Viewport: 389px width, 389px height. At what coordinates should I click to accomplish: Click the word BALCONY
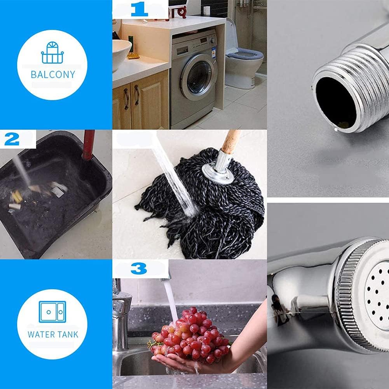point(52,74)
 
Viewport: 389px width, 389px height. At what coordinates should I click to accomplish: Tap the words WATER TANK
point(53,334)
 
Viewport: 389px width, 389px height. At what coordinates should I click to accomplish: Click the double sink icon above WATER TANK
point(52,312)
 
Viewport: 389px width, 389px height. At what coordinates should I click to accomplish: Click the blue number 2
point(12,139)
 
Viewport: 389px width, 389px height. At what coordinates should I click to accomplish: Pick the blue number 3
point(139,268)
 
